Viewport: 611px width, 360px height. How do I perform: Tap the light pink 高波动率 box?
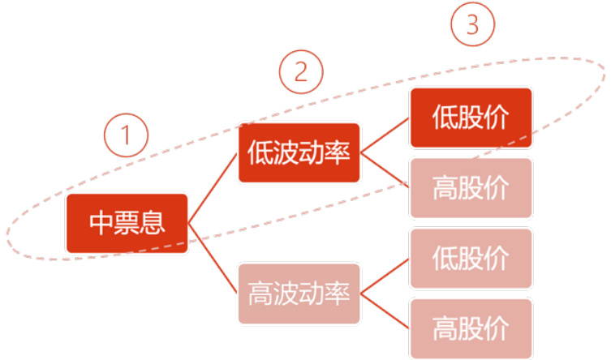[299, 293]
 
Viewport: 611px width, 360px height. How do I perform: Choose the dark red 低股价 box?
[471, 118]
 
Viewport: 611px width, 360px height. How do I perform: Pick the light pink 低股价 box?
[471, 259]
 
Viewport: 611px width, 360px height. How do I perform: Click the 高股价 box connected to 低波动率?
[471, 188]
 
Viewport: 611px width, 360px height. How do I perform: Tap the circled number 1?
[126, 135]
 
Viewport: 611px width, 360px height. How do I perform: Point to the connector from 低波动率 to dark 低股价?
[385, 135]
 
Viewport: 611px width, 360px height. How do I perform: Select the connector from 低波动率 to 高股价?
[385, 171]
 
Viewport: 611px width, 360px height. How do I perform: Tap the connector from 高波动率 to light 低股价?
[385, 276]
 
